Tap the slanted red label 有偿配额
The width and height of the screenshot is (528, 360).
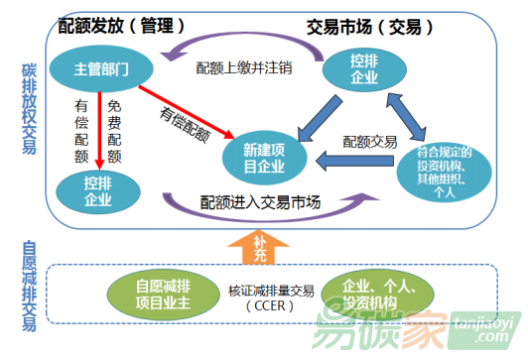point(182,123)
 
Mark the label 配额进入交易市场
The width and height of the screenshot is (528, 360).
point(260,204)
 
